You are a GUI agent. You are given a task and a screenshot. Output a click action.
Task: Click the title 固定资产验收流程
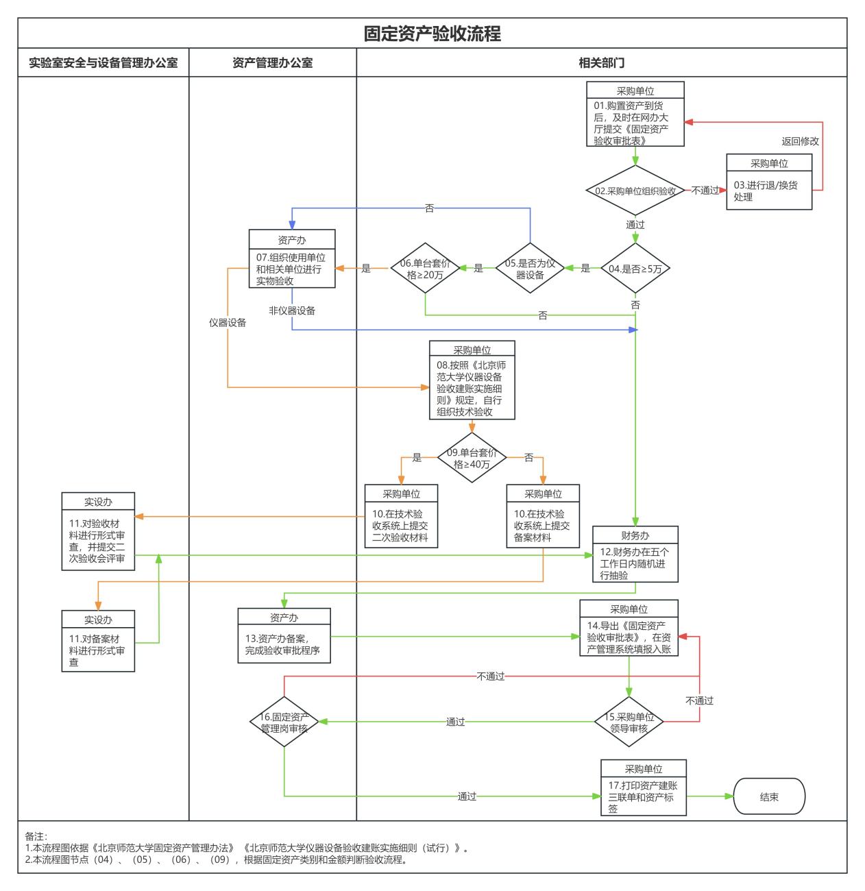432,34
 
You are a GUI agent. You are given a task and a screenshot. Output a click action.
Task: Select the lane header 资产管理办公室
272,63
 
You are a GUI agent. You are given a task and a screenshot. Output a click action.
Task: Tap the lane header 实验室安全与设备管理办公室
103,63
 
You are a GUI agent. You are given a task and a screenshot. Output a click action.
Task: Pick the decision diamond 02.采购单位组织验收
635,191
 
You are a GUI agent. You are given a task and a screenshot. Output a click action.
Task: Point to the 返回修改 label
800,141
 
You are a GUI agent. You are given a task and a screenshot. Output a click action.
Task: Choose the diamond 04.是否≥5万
635,269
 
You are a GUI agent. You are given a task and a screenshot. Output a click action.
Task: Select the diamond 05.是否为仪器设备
530,268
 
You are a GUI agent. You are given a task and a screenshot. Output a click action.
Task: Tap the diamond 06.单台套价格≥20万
425,268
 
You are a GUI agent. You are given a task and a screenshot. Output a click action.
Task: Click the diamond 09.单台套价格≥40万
472,458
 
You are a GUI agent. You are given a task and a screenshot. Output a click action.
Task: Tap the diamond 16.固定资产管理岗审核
284,722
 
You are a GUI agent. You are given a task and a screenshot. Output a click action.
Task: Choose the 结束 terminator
769,796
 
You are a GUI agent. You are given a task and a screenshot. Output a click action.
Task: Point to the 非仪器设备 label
292,310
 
